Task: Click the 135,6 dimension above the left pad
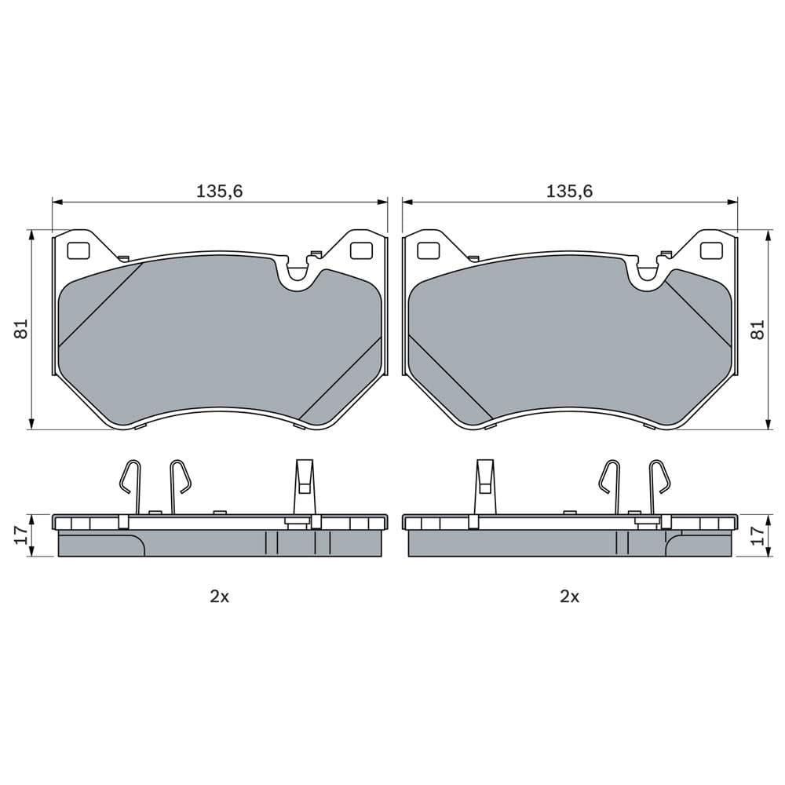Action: [x=219, y=190]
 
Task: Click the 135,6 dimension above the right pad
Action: [x=569, y=190]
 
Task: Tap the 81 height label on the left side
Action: [x=22, y=329]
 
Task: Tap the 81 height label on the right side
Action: [x=758, y=329]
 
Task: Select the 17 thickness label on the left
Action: [x=22, y=535]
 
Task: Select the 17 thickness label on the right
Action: [x=758, y=535]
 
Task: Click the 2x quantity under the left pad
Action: [x=219, y=597]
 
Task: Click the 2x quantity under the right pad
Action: [x=569, y=597]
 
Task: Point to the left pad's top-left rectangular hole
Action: [x=79, y=250]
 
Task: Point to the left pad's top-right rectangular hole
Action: [x=360, y=250]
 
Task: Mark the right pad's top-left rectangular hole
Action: [x=429, y=250]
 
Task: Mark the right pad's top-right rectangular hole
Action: [x=710, y=250]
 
